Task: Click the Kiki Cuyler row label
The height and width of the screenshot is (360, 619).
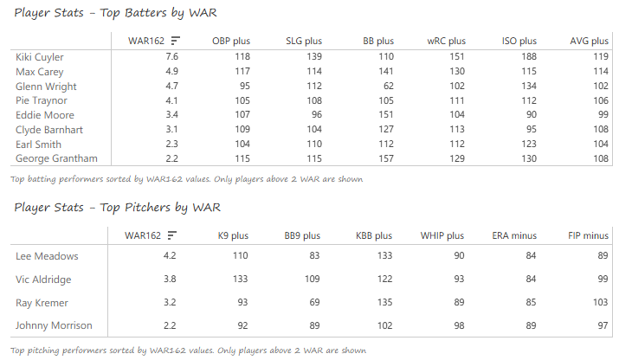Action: point(40,57)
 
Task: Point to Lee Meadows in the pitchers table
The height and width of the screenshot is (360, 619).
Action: point(47,255)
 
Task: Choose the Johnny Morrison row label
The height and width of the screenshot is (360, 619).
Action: point(54,325)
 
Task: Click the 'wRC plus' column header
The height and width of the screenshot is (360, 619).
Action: point(446,41)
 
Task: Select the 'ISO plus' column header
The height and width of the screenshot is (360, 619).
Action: point(519,41)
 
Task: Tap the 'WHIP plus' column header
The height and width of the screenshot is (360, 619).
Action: point(442,235)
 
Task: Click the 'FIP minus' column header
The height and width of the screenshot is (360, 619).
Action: point(588,235)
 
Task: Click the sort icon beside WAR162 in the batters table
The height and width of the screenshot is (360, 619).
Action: point(177,41)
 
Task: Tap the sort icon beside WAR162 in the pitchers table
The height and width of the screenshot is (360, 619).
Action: point(173,235)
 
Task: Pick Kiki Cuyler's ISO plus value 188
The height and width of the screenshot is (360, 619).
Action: point(528,57)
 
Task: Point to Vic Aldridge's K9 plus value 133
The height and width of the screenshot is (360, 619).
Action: point(240,279)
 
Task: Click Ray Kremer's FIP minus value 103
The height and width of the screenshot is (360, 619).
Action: point(599,302)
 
